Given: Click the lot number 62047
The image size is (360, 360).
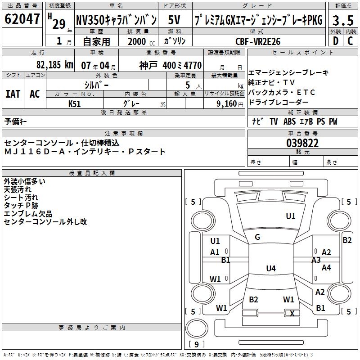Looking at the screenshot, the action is pyautogui.click(x=22, y=19).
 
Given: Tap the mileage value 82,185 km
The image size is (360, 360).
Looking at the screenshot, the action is pyautogui.click(x=55, y=65).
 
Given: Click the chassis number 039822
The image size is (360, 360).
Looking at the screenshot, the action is pyautogui.click(x=302, y=143).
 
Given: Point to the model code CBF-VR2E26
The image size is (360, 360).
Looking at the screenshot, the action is pyautogui.click(x=258, y=41).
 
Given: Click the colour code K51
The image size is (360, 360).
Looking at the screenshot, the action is pyautogui.click(x=75, y=103).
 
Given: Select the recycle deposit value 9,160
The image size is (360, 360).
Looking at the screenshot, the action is pyautogui.click(x=224, y=103).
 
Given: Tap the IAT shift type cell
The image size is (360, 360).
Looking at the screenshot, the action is pyautogui.click(x=13, y=94).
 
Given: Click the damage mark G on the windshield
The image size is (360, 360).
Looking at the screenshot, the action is pyautogui.click(x=257, y=237).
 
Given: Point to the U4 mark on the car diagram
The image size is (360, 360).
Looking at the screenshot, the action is pyautogui.click(x=270, y=269).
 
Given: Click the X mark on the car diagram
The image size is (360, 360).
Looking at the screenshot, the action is pyautogui.click(x=292, y=313).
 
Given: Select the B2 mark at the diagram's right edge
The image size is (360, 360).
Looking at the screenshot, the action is pyautogui.click(x=347, y=240).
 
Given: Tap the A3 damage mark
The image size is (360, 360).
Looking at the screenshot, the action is pyautogui.click(x=316, y=260).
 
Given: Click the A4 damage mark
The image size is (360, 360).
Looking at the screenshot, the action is pyautogui.click(x=326, y=268).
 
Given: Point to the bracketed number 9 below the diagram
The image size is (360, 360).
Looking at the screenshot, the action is pyautogui.click(x=196, y=345).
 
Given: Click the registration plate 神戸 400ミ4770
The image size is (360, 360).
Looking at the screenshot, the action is pyautogui.click(x=170, y=65).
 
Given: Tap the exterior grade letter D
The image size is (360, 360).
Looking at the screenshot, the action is pyautogui.click(x=335, y=41).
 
